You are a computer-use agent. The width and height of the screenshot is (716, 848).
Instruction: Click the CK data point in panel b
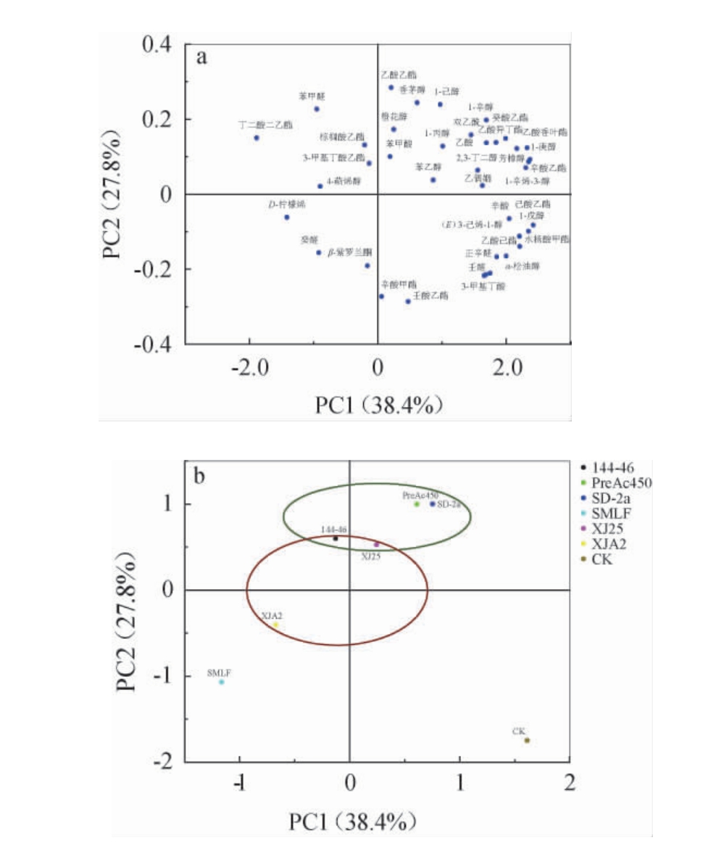[527, 740]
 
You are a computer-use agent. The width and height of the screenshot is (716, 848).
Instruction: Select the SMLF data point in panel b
[222, 682]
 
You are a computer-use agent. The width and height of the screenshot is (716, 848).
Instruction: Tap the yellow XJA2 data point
[275, 625]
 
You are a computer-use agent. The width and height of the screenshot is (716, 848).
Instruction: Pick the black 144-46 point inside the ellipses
[336, 538]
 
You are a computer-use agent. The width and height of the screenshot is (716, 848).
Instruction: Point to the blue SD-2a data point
[433, 503]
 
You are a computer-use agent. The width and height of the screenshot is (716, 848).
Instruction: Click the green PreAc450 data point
[417, 503]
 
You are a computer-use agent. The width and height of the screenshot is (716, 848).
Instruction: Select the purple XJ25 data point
[376, 544]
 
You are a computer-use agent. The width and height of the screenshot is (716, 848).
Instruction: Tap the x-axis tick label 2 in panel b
[570, 784]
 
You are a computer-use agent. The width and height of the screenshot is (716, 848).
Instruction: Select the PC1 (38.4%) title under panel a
[378, 405]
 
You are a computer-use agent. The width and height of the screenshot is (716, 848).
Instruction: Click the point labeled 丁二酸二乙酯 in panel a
[257, 138]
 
